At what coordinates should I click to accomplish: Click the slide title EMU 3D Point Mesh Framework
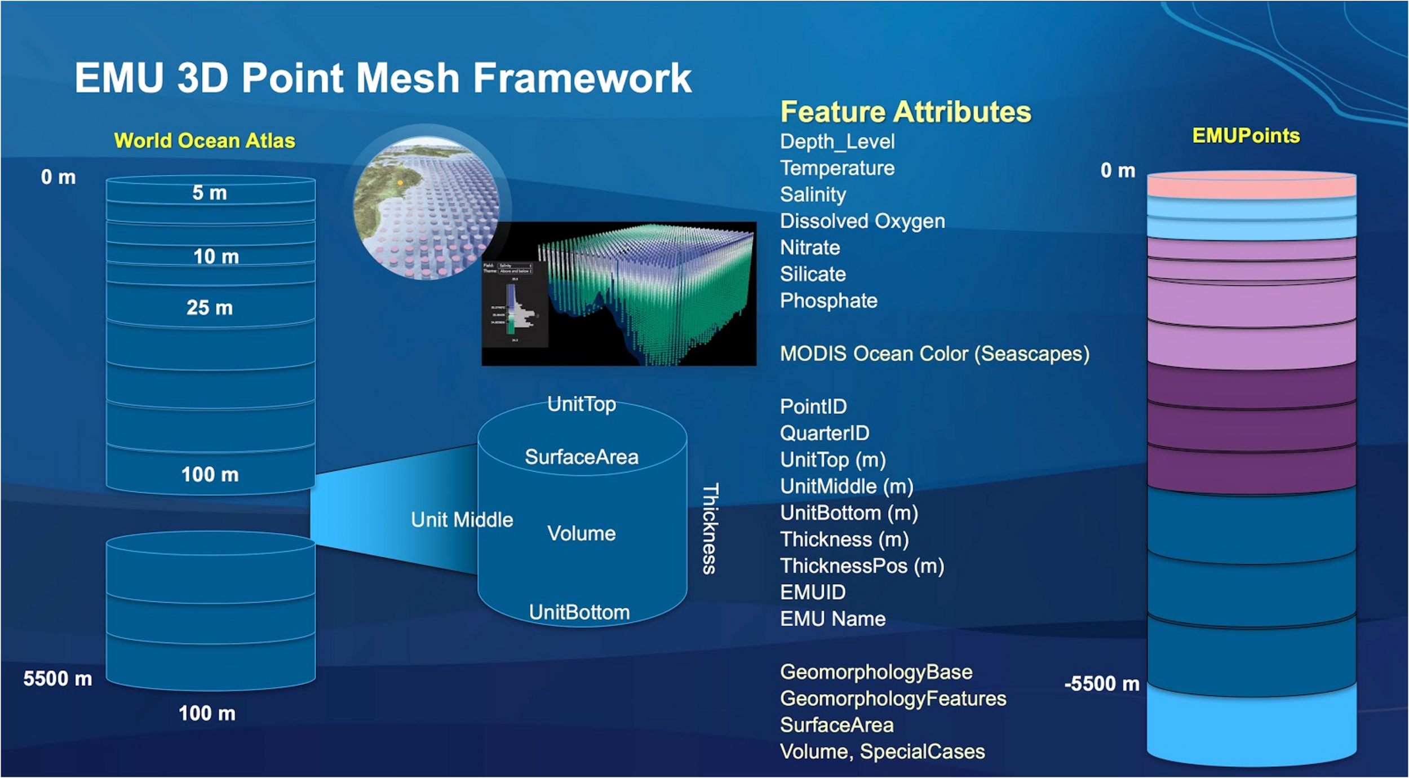click(x=383, y=78)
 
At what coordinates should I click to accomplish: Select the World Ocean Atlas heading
click(x=204, y=140)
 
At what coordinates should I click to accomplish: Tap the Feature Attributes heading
click(x=905, y=112)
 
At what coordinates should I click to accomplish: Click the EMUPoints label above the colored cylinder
click(x=1246, y=136)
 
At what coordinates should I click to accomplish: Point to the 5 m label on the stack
click(x=209, y=193)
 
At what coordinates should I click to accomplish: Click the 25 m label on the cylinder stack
click(x=209, y=308)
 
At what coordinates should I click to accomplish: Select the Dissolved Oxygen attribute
click(x=862, y=221)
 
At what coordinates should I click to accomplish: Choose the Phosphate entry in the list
click(x=828, y=300)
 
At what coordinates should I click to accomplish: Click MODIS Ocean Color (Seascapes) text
click(x=934, y=354)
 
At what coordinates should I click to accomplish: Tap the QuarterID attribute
click(x=824, y=433)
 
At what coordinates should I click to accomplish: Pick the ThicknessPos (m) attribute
click(x=861, y=565)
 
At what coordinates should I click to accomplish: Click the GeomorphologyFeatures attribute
click(x=892, y=699)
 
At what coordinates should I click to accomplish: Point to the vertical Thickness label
click(x=710, y=528)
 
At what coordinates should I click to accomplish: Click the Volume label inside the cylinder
click(x=581, y=533)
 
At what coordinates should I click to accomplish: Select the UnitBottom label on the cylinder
click(x=579, y=612)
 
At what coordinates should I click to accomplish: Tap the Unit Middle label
click(x=462, y=520)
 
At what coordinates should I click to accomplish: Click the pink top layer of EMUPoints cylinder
click(x=1251, y=186)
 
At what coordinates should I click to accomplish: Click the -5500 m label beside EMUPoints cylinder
click(x=1101, y=684)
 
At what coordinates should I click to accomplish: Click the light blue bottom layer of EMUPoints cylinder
click(x=1251, y=727)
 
